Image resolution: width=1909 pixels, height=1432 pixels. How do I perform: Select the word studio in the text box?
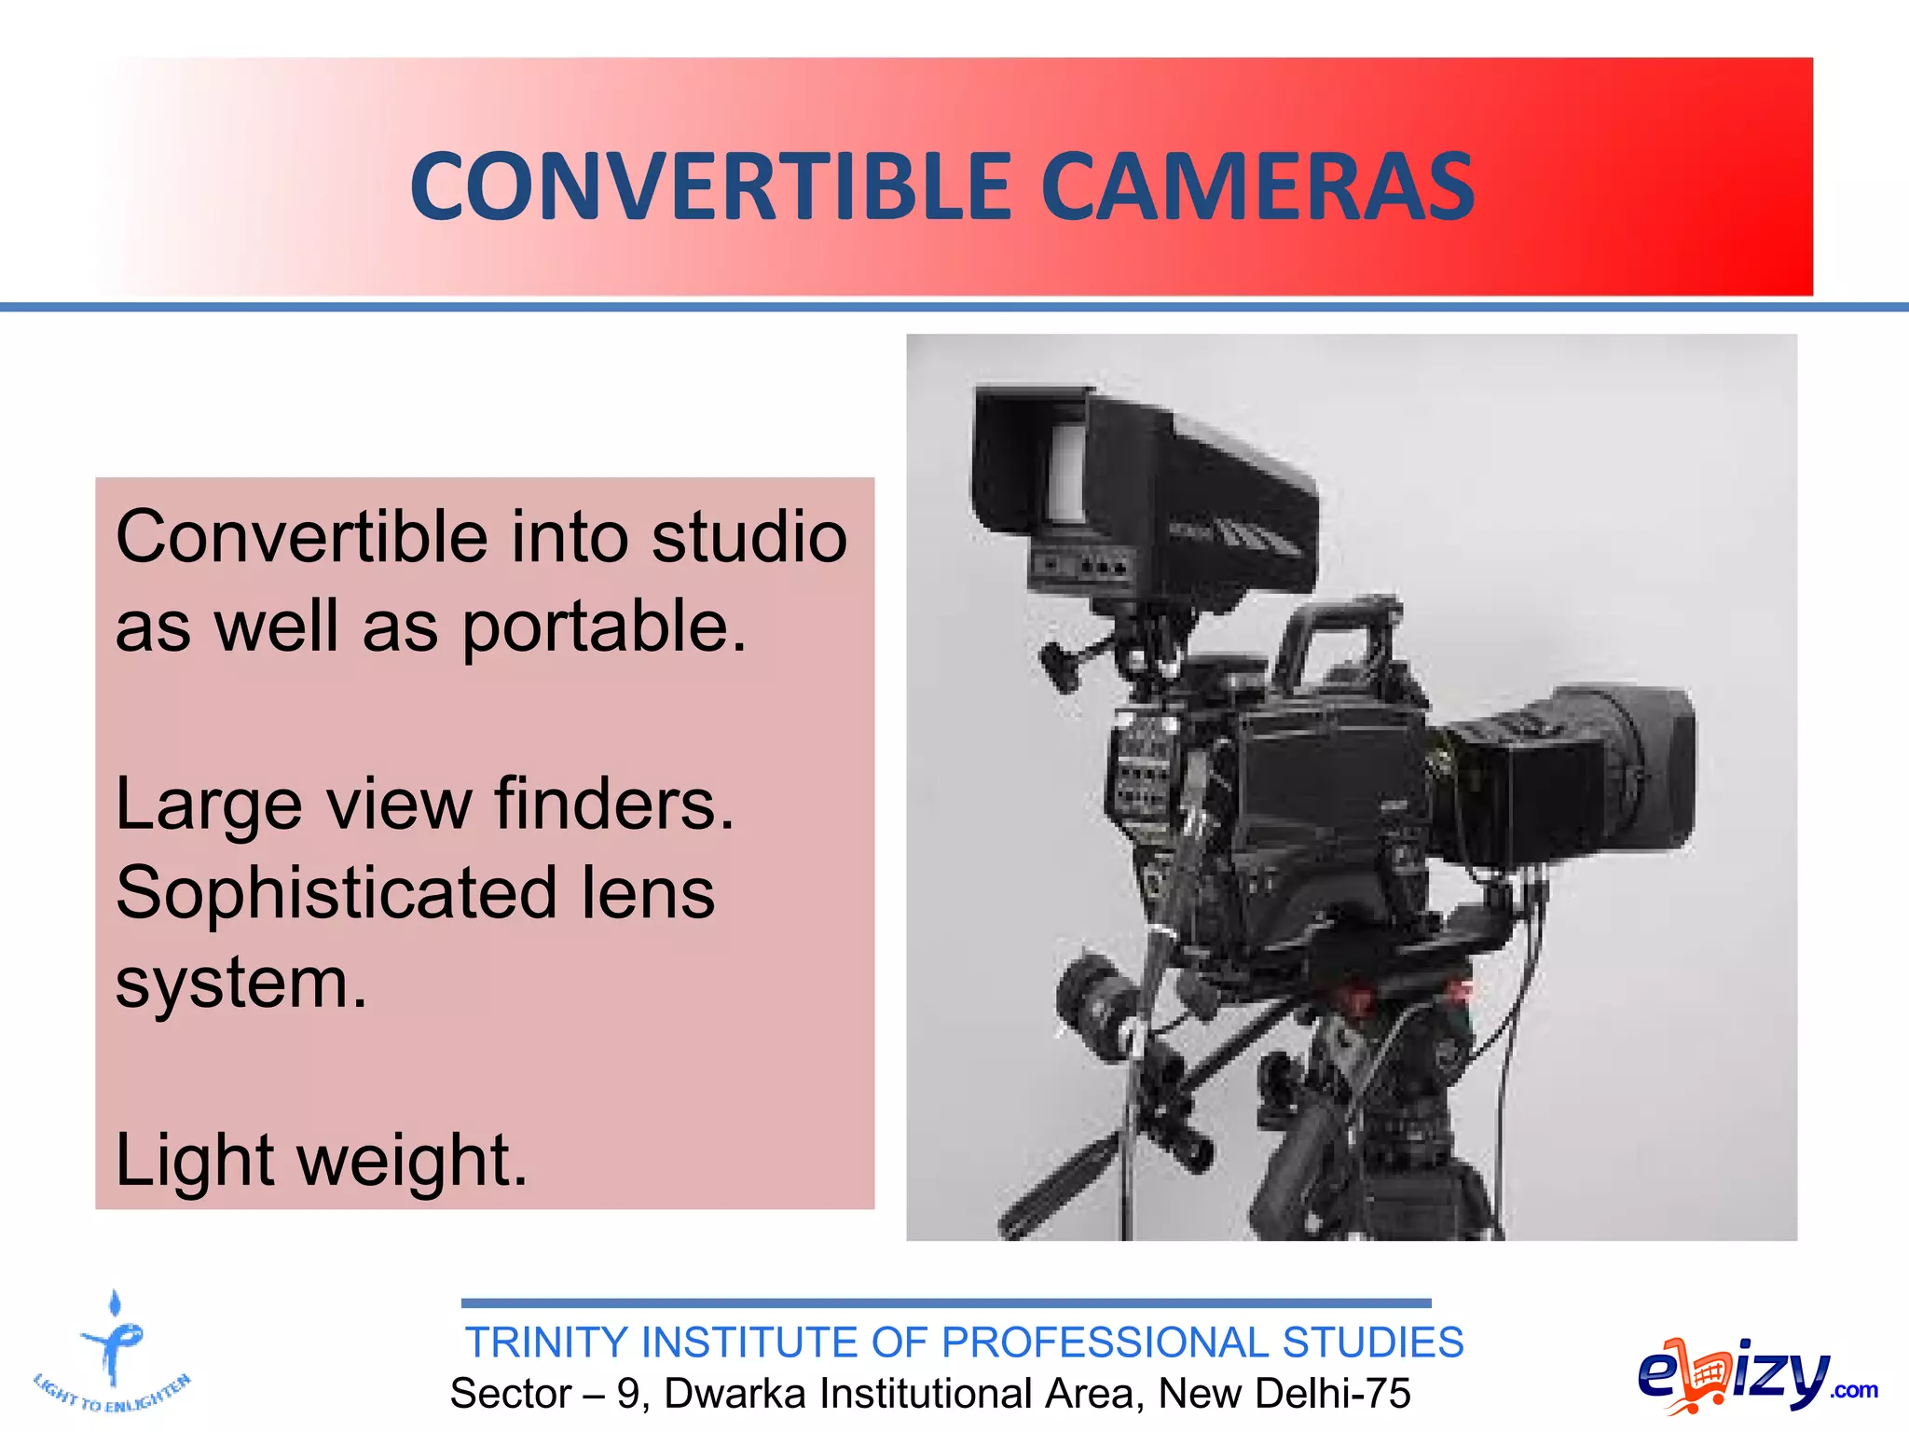click(x=748, y=538)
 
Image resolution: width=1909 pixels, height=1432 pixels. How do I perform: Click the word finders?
click(x=614, y=804)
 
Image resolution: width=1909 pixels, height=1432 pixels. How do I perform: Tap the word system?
click(x=241, y=984)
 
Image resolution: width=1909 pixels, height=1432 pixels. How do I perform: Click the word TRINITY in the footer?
click(x=547, y=1342)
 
